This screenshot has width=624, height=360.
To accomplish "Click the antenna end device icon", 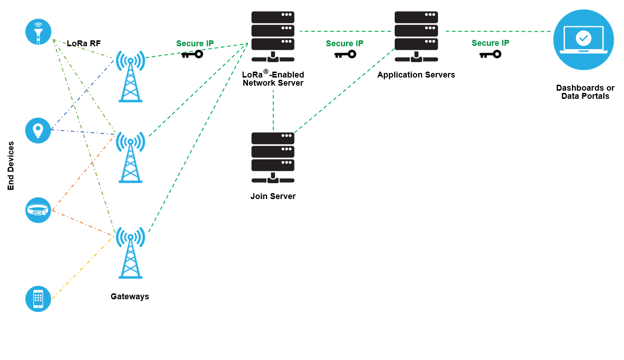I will tap(38, 32).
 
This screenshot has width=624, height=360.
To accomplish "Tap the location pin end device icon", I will tap(38, 131).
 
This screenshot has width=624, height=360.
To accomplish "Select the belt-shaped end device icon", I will tap(38, 210).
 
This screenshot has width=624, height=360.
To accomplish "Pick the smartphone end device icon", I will tap(38, 299).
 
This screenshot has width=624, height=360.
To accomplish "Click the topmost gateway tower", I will tap(131, 76).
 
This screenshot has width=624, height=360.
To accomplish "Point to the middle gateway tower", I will tap(131, 157).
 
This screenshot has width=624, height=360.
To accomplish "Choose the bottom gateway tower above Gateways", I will tap(131, 252).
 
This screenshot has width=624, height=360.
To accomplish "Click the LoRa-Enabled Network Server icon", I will tap(273, 36).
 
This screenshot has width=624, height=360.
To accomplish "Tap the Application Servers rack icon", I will tap(416, 36).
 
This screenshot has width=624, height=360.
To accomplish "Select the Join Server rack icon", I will tap(273, 157).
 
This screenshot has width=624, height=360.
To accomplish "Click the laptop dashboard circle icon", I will tap(584, 40).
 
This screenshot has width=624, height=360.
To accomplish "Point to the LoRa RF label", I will tap(84, 44).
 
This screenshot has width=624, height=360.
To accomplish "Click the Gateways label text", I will tap(130, 297).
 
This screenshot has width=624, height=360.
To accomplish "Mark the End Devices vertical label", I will tap(11, 166).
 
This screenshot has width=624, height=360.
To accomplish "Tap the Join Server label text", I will tap(273, 196).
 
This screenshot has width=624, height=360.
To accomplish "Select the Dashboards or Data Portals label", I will tap(585, 92).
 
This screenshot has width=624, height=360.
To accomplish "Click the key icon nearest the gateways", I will tap(192, 54).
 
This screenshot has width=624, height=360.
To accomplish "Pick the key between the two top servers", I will tap(345, 54).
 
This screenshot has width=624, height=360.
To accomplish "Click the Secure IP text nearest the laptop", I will tap(490, 43).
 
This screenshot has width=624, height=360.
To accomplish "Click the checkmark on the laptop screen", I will tap(583, 38).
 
